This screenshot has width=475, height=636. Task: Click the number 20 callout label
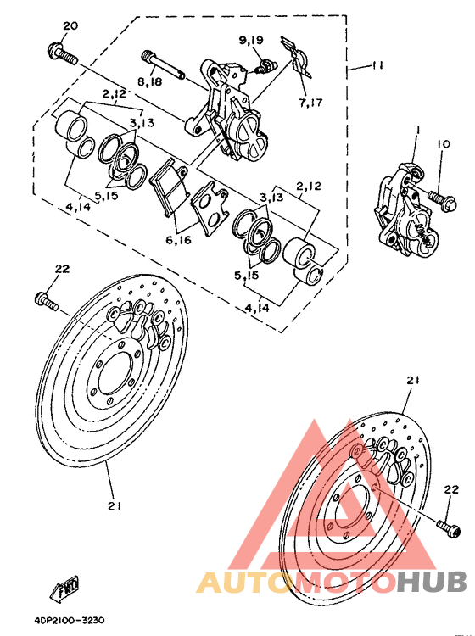(x=70, y=25)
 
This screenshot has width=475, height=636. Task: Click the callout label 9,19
(x=252, y=40)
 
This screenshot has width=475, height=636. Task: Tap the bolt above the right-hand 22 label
(x=447, y=527)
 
